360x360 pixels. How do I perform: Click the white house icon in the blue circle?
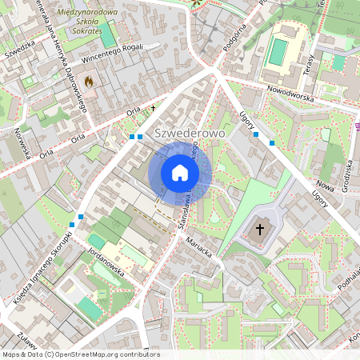pyautogui.click(x=180, y=172)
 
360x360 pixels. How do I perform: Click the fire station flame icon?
pyautogui.click(x=89, y=81)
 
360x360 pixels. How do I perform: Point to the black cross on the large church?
pyautogui.click(x=259, y=230)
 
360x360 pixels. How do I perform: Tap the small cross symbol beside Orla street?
pyautogui.click(x=152, y=106)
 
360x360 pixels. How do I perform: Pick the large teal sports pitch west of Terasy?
pyautogui.click(x=278, y=51)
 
